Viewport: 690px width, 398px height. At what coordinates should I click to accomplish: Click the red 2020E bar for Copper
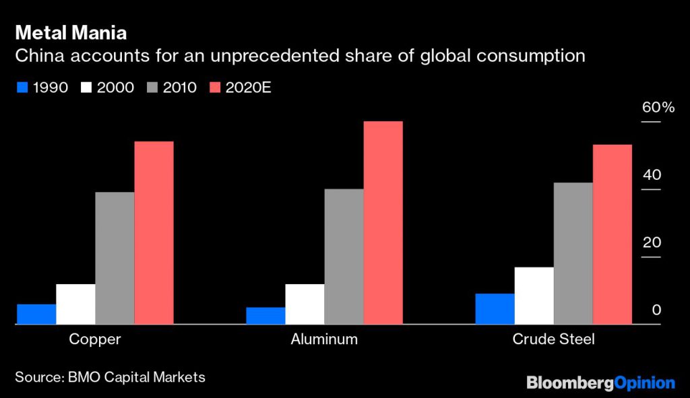coord(154,232)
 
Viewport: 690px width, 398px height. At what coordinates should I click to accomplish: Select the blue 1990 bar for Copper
coord(36,314)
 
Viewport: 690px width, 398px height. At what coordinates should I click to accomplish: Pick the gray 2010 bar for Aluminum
coord(344,256)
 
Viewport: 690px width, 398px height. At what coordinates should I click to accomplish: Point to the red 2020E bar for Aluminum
coord(383,222)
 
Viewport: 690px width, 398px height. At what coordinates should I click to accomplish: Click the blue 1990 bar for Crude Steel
coord(495,308)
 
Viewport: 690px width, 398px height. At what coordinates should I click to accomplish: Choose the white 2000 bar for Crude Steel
coord(534,296)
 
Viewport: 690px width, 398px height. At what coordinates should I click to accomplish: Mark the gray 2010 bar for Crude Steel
coord(573,253)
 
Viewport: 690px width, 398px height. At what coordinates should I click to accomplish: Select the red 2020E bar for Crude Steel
coord(612,234)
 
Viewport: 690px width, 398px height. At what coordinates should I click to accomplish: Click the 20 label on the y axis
coord(652,242)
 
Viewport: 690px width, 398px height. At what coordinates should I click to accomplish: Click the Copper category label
coord(94,339)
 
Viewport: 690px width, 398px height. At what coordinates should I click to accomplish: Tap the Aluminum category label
coord(324,339)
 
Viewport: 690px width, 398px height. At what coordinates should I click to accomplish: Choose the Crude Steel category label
coord(553,339)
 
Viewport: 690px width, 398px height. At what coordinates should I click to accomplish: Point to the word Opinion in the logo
coord(645,383)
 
